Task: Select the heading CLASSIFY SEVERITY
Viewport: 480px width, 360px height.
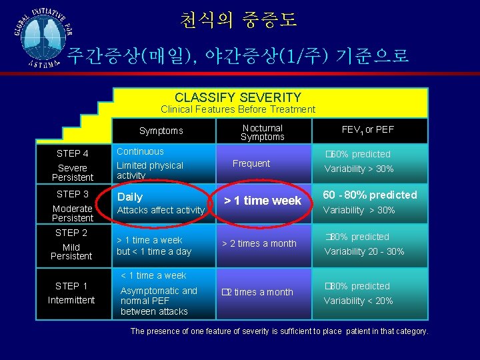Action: click(238, 97)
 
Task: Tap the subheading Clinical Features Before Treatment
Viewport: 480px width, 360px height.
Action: click(238, 109)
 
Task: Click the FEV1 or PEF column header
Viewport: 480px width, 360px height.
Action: click(367, 129)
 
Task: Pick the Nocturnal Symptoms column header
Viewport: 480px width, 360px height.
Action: click(262, 132)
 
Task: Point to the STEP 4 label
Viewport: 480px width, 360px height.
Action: click(73, 154)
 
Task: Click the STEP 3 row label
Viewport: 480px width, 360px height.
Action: click(73, 194)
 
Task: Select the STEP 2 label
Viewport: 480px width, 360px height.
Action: click(71, 233)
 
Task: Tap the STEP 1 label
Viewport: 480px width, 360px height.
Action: click(71, 286)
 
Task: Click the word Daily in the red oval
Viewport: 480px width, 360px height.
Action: click(130, 197)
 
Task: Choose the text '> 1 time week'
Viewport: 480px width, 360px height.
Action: click(262, 200)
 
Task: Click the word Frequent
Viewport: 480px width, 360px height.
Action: click(251, 163)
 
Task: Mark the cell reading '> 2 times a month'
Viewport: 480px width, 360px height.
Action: click(259, 243)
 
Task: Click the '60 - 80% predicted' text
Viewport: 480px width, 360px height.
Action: click(370, 195)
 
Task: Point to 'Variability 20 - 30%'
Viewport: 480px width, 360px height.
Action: click(364, 251)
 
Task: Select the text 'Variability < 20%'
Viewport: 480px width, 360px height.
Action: click(359, 301)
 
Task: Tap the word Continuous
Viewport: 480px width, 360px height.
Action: click(140, 151)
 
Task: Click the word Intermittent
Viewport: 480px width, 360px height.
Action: click(71, 300)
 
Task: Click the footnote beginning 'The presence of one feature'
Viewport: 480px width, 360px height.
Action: click(279, 331)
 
